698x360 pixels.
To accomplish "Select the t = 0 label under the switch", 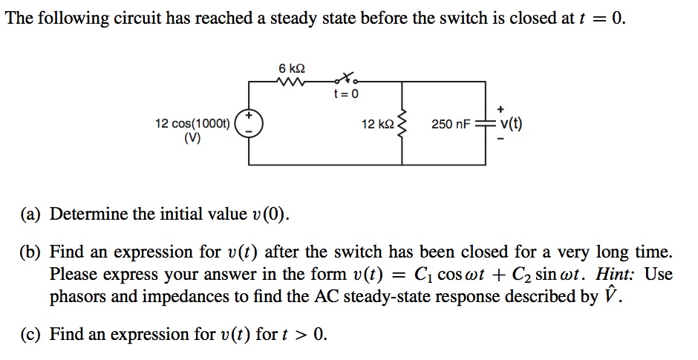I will point(346,94).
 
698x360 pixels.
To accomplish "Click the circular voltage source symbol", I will point(249,123).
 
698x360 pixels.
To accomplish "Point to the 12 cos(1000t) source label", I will point(192,122).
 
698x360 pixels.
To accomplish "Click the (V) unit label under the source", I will point(192,137).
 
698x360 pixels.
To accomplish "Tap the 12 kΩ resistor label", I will point(377,124).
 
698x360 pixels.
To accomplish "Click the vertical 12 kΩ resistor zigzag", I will point(402,124).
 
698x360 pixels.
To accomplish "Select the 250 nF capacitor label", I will point(451,124).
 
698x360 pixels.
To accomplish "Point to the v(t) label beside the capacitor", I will point(511,124).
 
